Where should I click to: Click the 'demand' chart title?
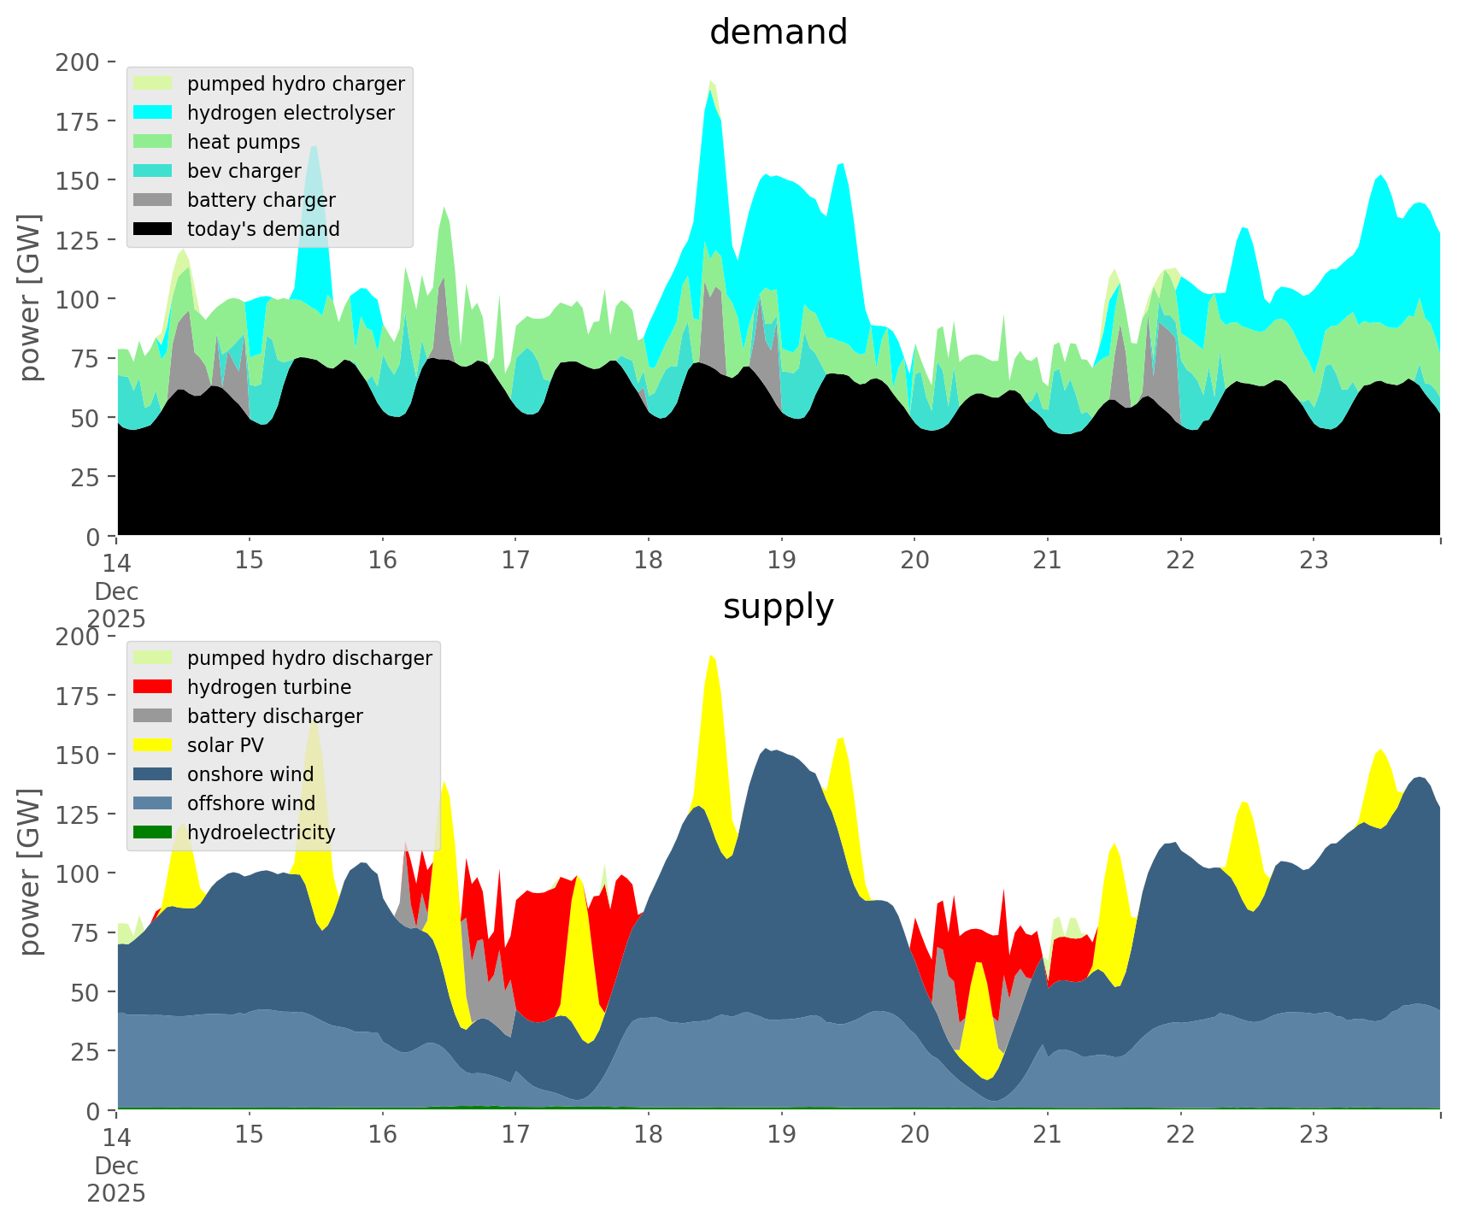point(778,32)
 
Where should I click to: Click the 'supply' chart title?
point(778,607)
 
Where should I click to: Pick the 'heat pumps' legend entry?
point(244,142)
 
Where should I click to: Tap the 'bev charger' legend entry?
point(244,171)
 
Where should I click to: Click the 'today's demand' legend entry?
point(263,229)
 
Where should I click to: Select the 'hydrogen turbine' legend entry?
point(269,687)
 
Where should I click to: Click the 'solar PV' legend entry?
point(226,745)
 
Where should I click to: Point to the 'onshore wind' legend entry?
point(250,774)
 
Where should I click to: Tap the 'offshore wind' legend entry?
point(251,803)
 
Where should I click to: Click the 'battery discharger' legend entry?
point(275,716)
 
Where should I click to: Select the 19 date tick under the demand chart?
point(781,561)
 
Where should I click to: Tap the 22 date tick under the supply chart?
point(1180,1135)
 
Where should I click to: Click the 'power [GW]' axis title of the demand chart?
point(30,297)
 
